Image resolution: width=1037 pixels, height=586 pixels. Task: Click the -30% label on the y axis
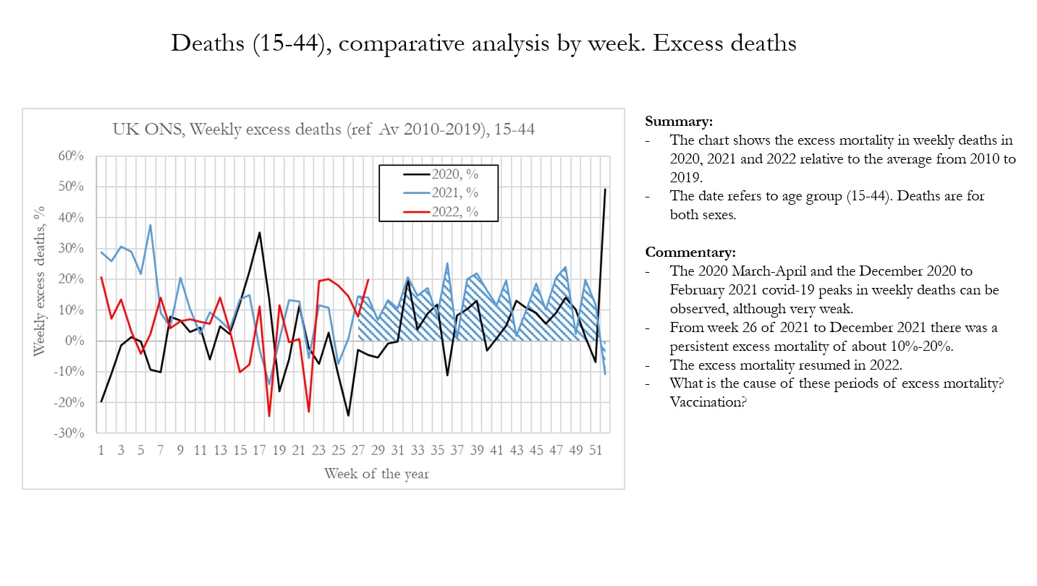(x=72, y=433)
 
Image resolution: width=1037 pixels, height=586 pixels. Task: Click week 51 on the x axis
(x=596, y=450)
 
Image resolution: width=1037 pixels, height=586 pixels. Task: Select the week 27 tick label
(x=358, y=450)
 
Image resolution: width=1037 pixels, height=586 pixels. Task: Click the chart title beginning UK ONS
(x=323, y=129)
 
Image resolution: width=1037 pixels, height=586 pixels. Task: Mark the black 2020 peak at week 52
(x=605, y=189)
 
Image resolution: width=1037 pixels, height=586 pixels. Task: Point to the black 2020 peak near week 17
(x=259, y=232)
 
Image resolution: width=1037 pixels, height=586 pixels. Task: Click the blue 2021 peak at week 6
(x=151, y=224)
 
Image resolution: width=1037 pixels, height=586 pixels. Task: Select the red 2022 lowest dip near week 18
(x=269, y=416)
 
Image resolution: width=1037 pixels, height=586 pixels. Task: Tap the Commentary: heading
(x=690, y=252)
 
